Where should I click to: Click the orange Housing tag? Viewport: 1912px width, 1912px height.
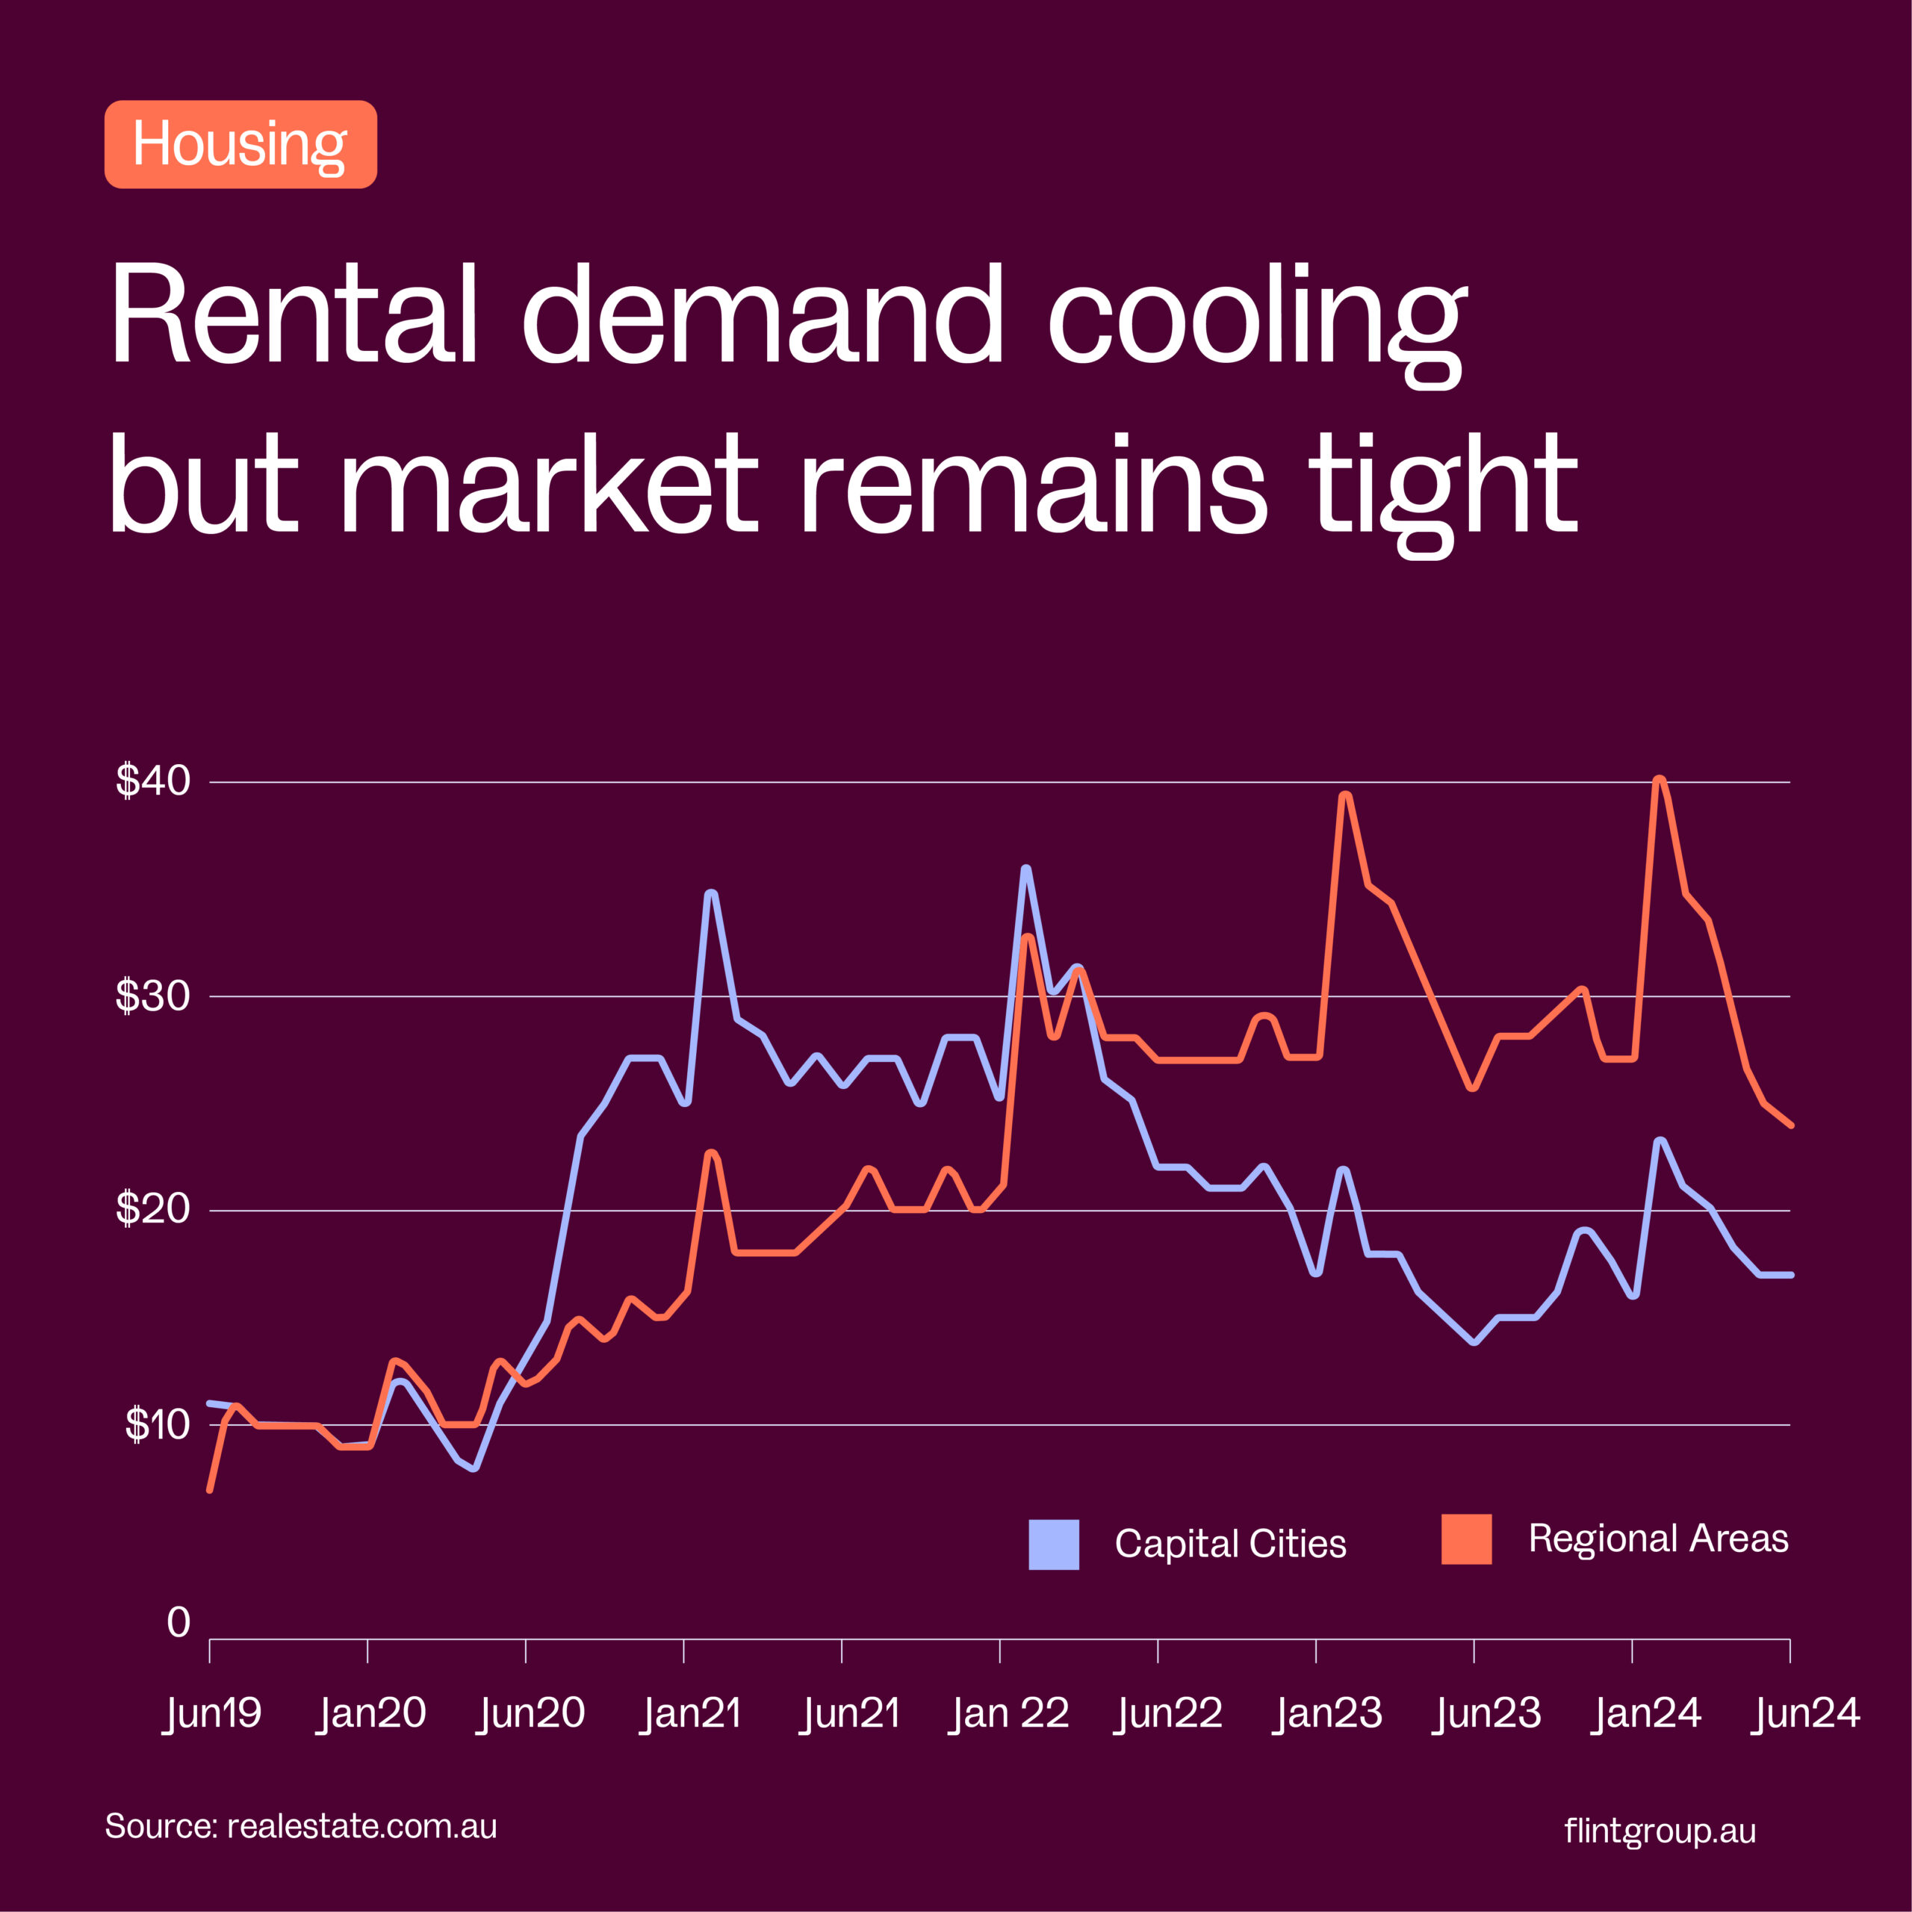(x=240, y=144)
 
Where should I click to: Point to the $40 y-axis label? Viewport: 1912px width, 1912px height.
(x=152, y=780)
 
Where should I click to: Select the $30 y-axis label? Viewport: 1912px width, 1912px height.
(x=152, y=996)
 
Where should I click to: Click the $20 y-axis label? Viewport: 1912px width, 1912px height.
(x=152, y=1209)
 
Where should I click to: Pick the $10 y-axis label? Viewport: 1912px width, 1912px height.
(x=156, y=1425)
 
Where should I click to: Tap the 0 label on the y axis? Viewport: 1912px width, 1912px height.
(x=179, y=1623)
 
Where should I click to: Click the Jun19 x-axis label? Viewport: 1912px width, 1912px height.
(x=213, y=1713)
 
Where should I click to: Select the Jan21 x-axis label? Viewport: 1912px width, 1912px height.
(x=692, y=1713)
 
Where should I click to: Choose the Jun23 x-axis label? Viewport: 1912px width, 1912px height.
(x=1488, y=1713)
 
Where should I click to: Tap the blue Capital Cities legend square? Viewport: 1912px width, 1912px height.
(x=1054, y=1545)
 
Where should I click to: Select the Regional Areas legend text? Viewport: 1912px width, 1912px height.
(x=1657, y=1539)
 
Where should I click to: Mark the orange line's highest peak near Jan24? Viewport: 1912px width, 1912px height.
(x=1660, y=780)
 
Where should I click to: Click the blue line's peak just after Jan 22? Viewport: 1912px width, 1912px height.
(x=1026, y=869)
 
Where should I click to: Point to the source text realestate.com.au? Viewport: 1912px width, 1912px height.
(x=361, y=1826)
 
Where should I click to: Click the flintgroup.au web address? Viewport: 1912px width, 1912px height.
(x=1660, y=1831)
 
